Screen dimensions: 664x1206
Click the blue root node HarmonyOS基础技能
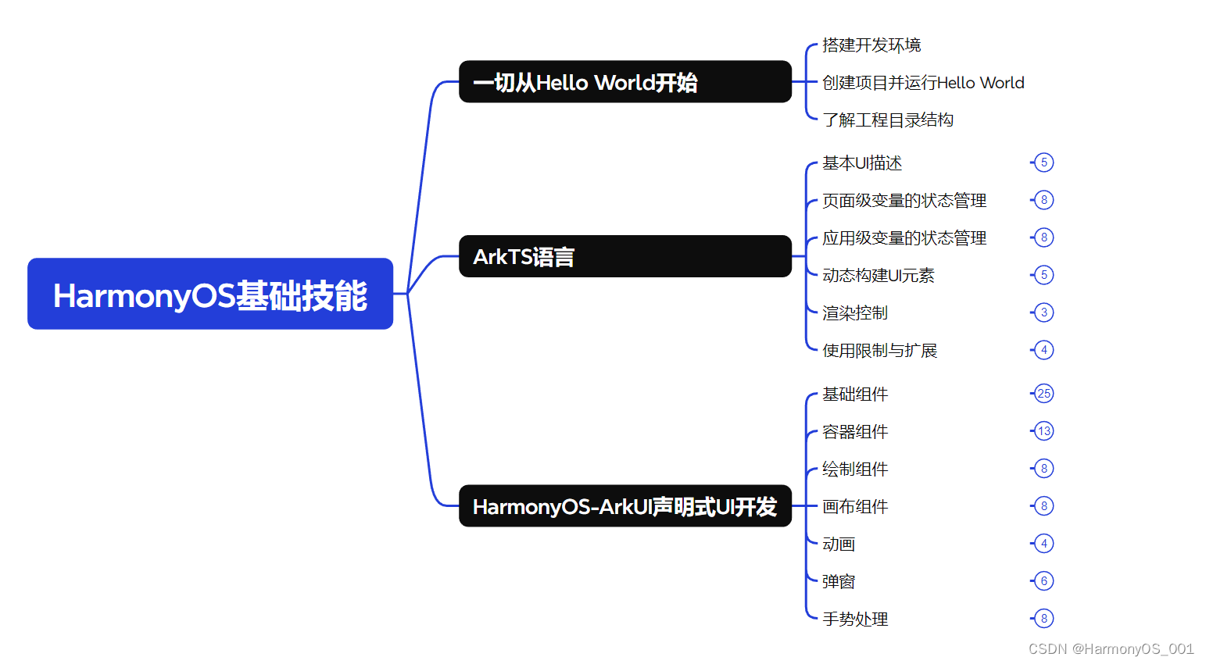click(210, 294)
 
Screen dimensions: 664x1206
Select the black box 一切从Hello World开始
click(624, 82)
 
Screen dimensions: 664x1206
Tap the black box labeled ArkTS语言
click(624, 256)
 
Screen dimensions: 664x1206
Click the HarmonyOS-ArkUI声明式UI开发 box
click(624, 506)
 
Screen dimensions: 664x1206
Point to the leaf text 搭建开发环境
click(871, 45)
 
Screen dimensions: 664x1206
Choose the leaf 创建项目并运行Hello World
click(923, 83)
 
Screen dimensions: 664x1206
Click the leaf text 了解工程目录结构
click(888, 120)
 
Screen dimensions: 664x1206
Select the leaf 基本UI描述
click(862, 163)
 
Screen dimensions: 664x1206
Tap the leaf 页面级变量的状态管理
click(904, 201)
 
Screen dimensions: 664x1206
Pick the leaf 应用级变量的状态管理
click(904, 238)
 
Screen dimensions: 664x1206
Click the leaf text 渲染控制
click(855, 313)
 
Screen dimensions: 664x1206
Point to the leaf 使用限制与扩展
click(879, 351)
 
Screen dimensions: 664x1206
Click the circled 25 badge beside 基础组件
click(1043, 394)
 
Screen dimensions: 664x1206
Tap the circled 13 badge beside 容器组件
click(1043, 431)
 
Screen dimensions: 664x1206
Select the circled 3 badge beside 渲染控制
click(1043, 312)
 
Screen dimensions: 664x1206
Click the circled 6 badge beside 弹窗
click(1043, 581)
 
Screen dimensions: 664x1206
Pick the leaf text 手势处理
click(855, 619)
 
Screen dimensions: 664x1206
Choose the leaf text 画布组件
click(855, 507)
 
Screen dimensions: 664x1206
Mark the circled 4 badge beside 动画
click(1043, 544)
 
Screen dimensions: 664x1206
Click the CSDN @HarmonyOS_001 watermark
click(1111, 649)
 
